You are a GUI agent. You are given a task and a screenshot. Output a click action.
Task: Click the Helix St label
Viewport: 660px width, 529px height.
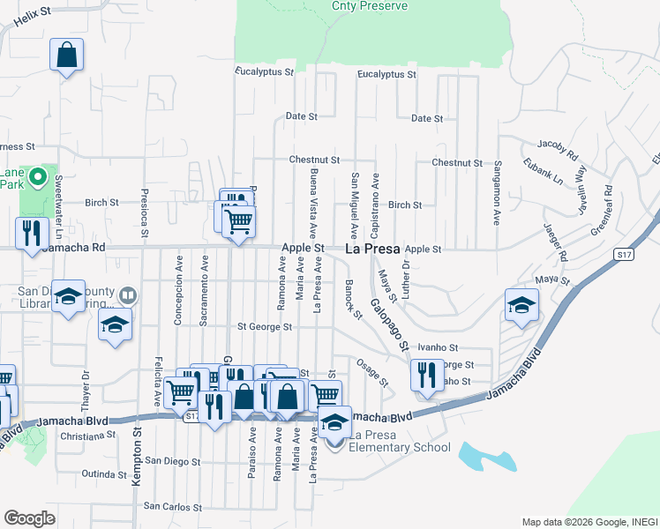click(x=28, y=19)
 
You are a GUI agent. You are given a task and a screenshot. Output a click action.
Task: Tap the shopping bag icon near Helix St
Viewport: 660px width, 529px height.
click(x=66, y=56)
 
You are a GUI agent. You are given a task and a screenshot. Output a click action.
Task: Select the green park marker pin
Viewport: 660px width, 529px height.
click(x=37, y=178)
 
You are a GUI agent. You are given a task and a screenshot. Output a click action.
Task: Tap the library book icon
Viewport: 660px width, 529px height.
click(x=127, y=295)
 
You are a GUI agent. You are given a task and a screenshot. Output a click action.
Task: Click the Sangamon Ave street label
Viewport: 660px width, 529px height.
click(x=498, y=194)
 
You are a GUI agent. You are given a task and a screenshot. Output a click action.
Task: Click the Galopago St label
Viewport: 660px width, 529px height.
click(x=388, y=322)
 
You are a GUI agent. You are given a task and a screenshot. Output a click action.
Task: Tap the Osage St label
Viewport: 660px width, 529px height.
click(x=372, y=371)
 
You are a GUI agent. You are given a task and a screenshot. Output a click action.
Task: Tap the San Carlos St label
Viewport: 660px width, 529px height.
click(x=173, y=507)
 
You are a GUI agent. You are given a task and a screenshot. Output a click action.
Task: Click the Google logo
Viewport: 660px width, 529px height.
click(x=29, y=518)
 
